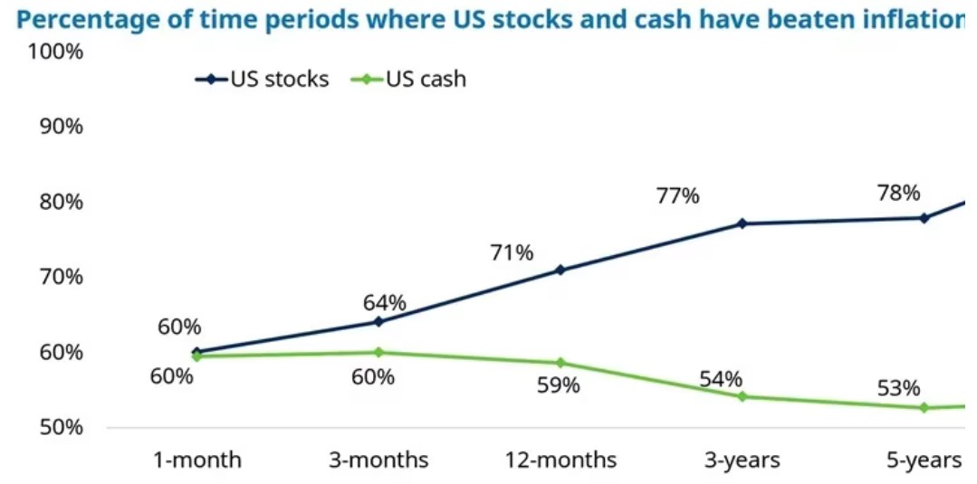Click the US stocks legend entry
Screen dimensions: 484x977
click(263, 80)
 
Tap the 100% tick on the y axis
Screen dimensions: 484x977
click(56, 52)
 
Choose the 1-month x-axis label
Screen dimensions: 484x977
click(196, 460)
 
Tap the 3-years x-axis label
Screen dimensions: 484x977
click(742, 460)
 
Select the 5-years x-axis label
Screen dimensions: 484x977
click(923, 460)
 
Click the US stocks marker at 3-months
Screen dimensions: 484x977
click(378, 322)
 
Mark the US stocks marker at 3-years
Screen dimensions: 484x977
click(742, 223)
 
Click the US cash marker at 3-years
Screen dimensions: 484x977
click(742, 396)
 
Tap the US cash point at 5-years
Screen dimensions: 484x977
click(924, 407)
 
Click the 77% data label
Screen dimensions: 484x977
click(677, 195)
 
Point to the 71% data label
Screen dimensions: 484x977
click(512, 253)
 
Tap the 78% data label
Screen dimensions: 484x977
click(898, 193)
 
